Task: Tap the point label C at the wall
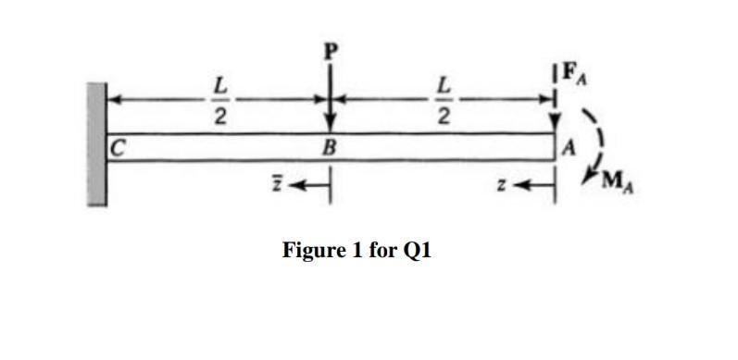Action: coord(117,146)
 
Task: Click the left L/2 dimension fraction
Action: coord(219,99)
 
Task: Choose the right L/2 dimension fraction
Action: coord(445,99)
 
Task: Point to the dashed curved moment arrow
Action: coord(588,139)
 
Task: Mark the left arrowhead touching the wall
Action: coord(113,95)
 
